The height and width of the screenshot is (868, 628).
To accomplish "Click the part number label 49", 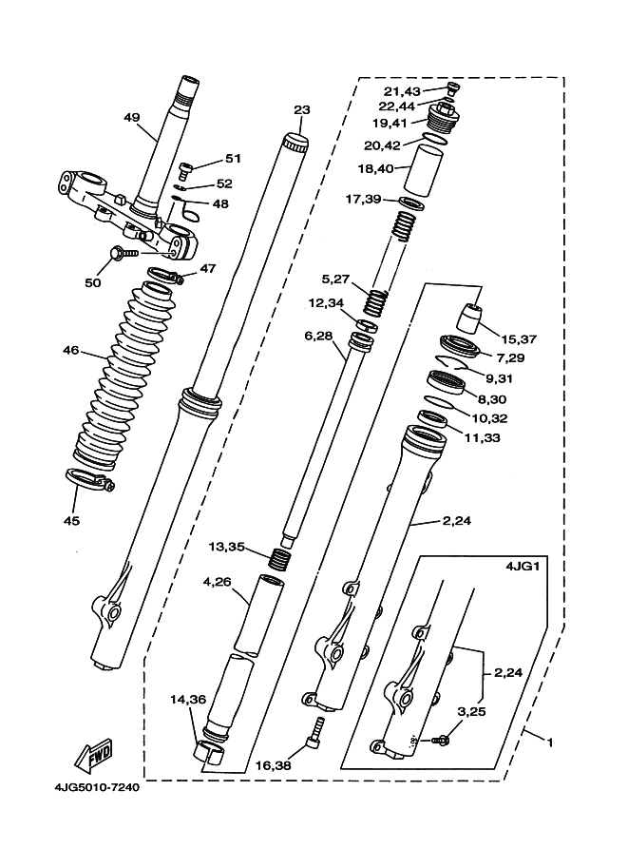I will pyautogui.click(x=132, y=118).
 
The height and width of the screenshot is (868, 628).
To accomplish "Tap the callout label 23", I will pyautogui.click(x=302, y=109).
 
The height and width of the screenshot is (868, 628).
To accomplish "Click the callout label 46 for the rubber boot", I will pyautogui.click(x=71, y=351).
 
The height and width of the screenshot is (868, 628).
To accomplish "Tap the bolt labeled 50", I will pyautogui.click(x=121, y=254).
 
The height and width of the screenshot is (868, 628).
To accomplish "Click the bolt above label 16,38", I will pyautogui.click(x=315, y=731).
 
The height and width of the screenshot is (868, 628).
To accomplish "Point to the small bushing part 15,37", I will pyautogui.click(x=472, y=317).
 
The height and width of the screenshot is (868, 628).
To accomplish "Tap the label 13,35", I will pyautogui.click(x=226, y=547).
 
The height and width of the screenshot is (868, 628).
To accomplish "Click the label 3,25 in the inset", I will pyautogui.click(x=474, y=710).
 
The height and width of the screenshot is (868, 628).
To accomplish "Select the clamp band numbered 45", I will pyautogui.click(x=90, y=480).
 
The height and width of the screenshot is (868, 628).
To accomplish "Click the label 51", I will pyautogui.click(x=233, y=159).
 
